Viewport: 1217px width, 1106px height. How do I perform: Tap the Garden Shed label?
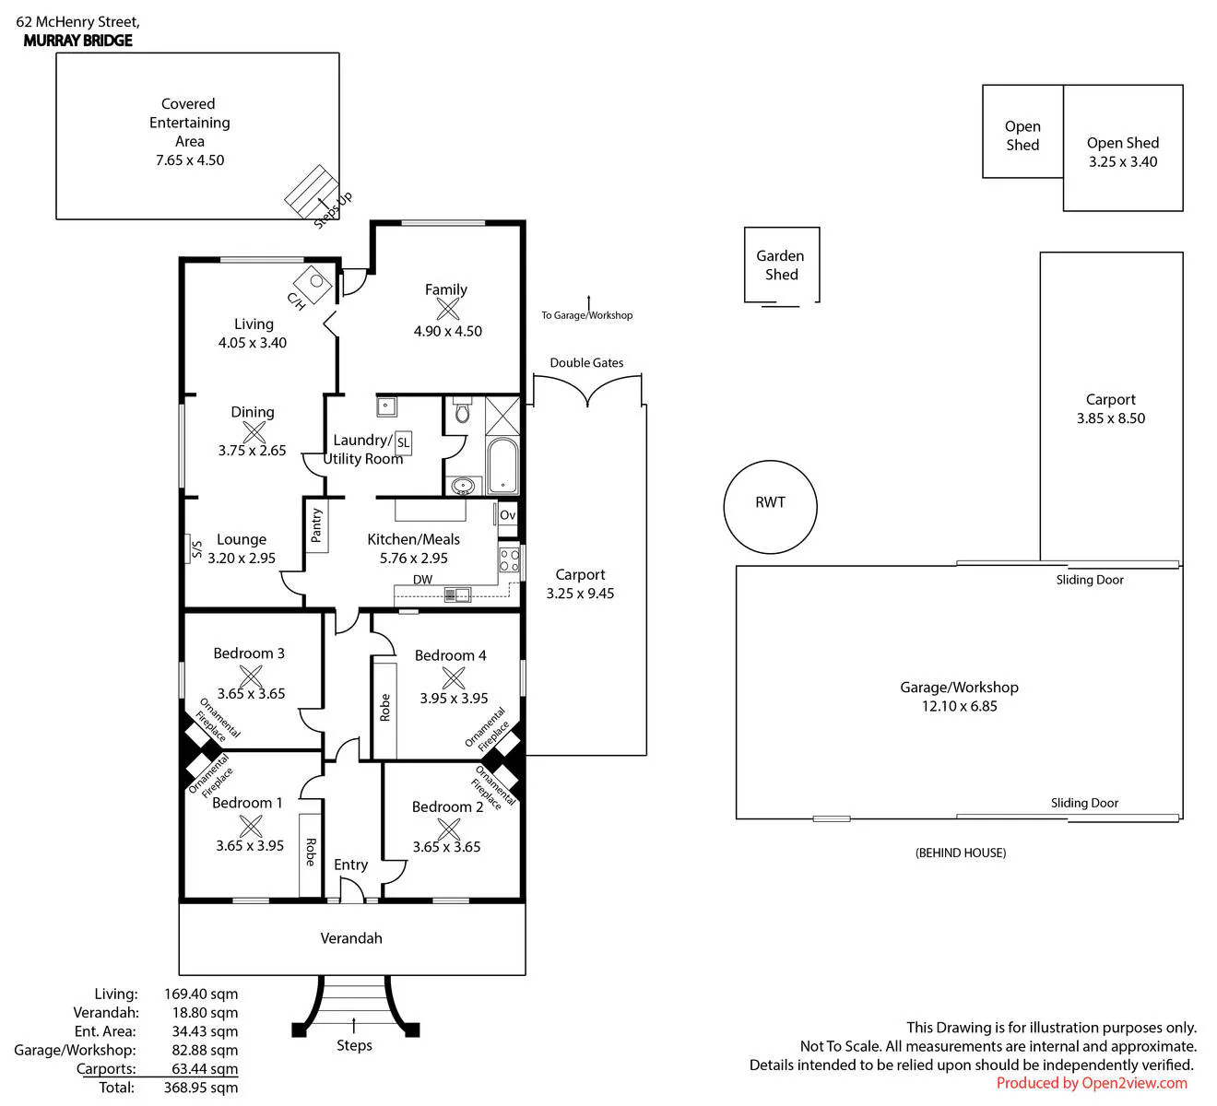[x=780, y=265]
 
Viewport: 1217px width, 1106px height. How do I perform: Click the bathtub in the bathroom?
[x=502, y=465]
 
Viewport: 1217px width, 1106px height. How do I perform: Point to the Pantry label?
[x=316, y=524]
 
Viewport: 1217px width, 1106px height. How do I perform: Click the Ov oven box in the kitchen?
[x=508, y=514]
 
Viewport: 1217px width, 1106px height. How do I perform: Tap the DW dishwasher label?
[x=422, y=580]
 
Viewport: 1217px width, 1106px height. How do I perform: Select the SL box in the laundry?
[x=403, y=442]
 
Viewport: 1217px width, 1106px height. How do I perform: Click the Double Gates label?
[x=586, y=362]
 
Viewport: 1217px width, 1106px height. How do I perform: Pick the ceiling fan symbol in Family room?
[x=448, y=309]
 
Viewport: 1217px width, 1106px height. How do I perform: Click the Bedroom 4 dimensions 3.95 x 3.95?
[x=454, y=698]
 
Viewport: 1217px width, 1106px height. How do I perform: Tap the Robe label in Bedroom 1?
[x=310, y=852]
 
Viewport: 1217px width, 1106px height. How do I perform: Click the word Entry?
[x=350, y=865]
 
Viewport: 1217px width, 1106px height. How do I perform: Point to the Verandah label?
[x=351, y=938]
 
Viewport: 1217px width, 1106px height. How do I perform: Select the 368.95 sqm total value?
[x=201, y=1088]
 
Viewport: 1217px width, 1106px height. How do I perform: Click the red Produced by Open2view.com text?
[x=1092, y=1083]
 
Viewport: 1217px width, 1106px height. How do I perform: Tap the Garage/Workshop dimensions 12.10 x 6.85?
[x=959, y=706]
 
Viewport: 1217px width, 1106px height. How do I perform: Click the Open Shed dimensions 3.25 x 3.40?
[x=1122, y=161]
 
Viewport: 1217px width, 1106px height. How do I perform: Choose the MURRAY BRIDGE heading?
[x=77, y=41]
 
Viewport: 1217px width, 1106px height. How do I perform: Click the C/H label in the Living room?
[x=296, y=300]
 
